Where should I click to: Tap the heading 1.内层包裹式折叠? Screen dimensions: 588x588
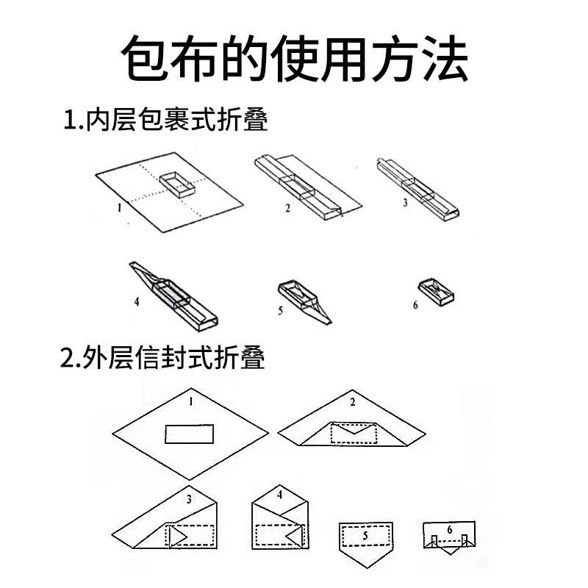tap(165, 119)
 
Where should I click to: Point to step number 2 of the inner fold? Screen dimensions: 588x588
tap(288, 208)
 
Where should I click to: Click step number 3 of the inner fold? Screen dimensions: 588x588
tap(405, 202)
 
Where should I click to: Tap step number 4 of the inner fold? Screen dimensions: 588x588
tap(137, 301)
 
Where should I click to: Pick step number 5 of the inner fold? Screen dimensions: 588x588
tap(281, 311)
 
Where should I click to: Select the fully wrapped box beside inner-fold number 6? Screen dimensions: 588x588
tap(438, 291)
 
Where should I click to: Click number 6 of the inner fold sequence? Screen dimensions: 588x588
tap(415, 304)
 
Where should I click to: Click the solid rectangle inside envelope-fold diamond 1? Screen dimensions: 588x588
tap(189, 434)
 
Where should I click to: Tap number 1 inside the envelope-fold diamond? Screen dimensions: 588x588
tap(190, 401)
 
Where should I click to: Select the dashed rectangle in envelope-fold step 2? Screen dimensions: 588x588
tap(354, 433)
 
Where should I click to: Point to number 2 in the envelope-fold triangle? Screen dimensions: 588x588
tap(353, 402)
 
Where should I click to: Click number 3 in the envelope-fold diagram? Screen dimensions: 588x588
tap(189, 500)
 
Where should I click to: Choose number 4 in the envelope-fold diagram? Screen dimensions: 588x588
tap(280, 495)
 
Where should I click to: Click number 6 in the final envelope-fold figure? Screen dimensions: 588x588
tap(449, 529)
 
